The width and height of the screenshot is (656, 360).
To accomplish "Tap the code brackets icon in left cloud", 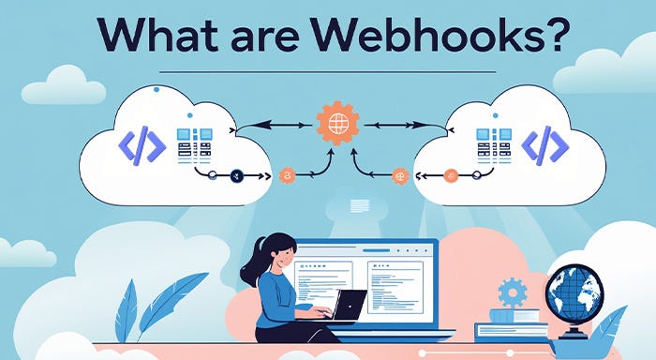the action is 142,145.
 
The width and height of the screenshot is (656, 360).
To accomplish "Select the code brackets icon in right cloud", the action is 544,145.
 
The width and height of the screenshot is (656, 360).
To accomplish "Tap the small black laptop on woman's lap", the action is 350,306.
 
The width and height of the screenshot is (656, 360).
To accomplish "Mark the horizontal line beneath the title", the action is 328,70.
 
